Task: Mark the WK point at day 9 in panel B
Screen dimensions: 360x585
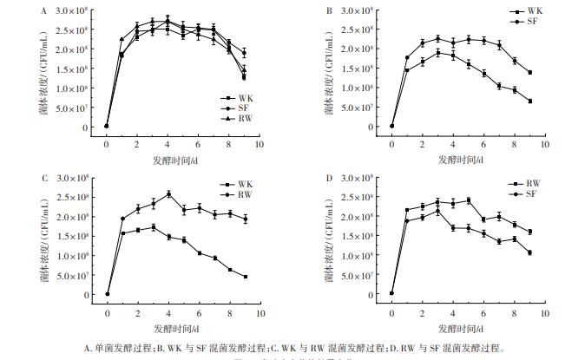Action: pos(529,101)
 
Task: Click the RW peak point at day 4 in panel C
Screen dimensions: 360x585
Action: pos(168,193)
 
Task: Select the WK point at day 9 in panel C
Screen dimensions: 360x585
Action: pos(246,277)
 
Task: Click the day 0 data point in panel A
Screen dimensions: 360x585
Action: pos(106,126)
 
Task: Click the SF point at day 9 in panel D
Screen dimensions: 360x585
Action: pos(529,252)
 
